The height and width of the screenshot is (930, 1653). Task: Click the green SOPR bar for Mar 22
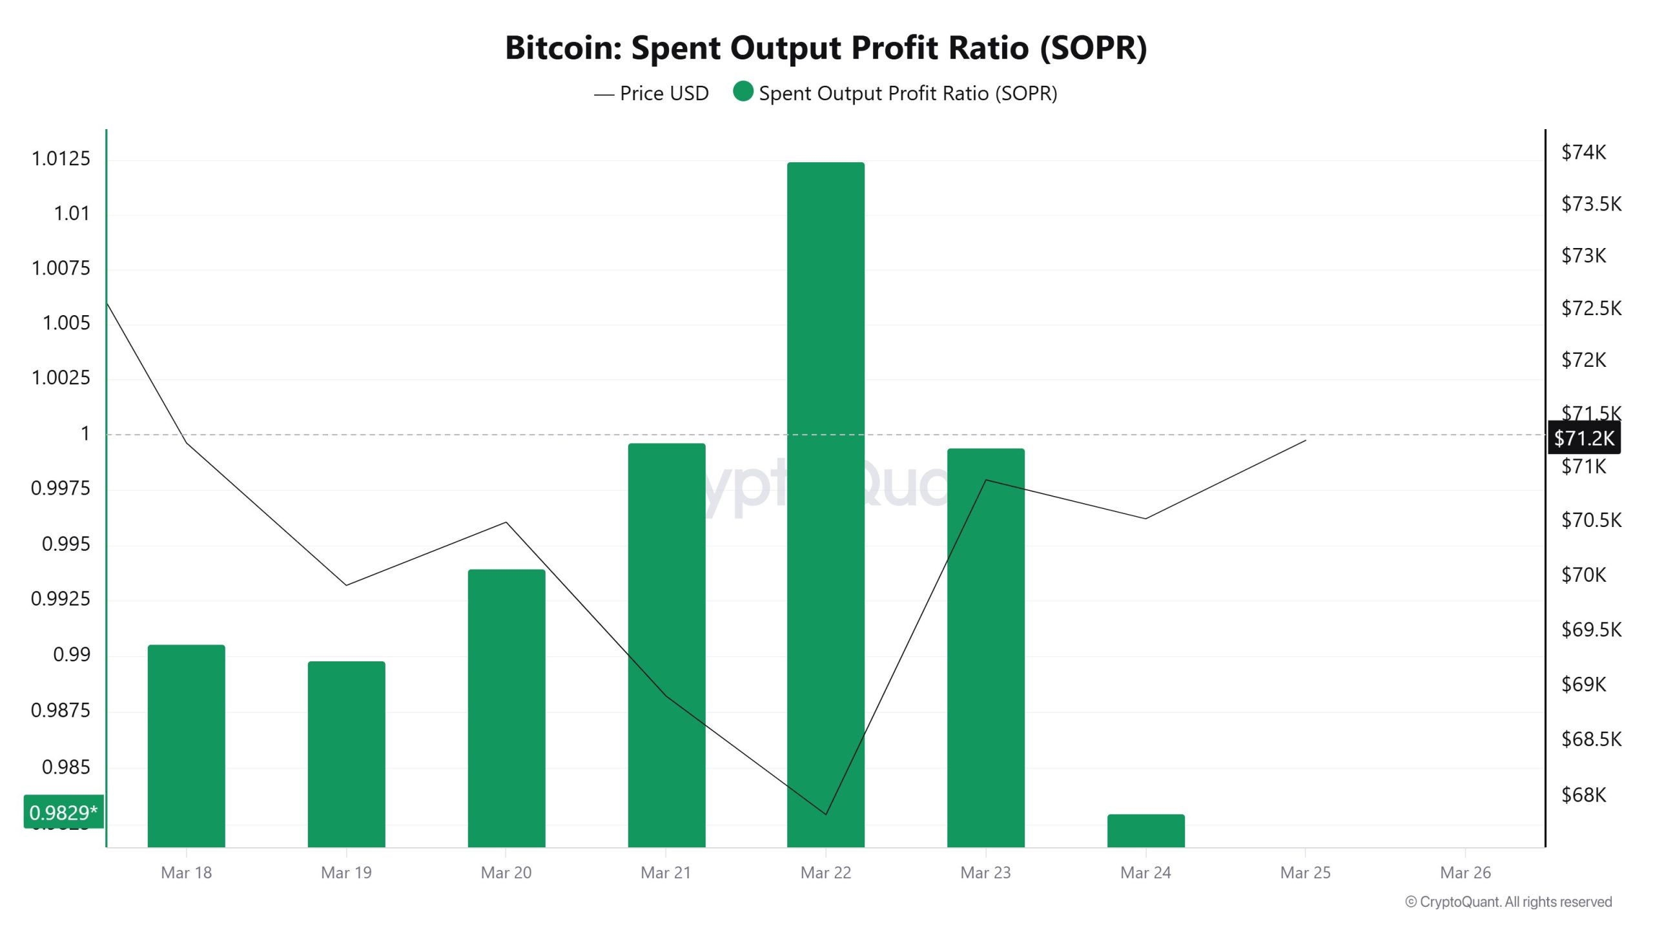coord(825,504)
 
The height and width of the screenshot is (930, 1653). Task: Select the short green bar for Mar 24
coord(1145,831)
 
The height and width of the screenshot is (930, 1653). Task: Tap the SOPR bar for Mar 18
coord(186,745)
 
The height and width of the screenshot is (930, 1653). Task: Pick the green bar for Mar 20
coord(506,708)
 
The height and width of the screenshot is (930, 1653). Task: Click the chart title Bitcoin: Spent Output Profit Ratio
coord(825,48)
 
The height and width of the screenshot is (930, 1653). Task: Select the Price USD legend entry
coord(651,94)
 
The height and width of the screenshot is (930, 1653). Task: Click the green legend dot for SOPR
coord(743,92)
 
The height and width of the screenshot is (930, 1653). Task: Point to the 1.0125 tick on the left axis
coord(61,159)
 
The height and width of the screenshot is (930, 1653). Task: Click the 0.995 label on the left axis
coord(66,544)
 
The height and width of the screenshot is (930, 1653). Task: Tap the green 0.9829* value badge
coord(63,812)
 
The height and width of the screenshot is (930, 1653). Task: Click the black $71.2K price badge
coord(1584,439)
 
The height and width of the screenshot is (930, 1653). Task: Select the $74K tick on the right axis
coord(1583,152)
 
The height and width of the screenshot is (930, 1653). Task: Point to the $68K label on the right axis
coord(1583,794)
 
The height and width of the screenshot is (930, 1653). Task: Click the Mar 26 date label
coord(1465,873)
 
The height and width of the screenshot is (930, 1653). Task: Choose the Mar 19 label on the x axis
coord(346,873)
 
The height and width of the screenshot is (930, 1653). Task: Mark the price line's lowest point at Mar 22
coord(826,814)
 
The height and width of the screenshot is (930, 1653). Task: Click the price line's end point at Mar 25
coord(1306,440)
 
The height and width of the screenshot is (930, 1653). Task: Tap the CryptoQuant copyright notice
coord(1508,902)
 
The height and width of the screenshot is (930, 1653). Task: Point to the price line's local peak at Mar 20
coord(506,522)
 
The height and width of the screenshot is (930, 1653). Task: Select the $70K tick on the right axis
coord(1583,575)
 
